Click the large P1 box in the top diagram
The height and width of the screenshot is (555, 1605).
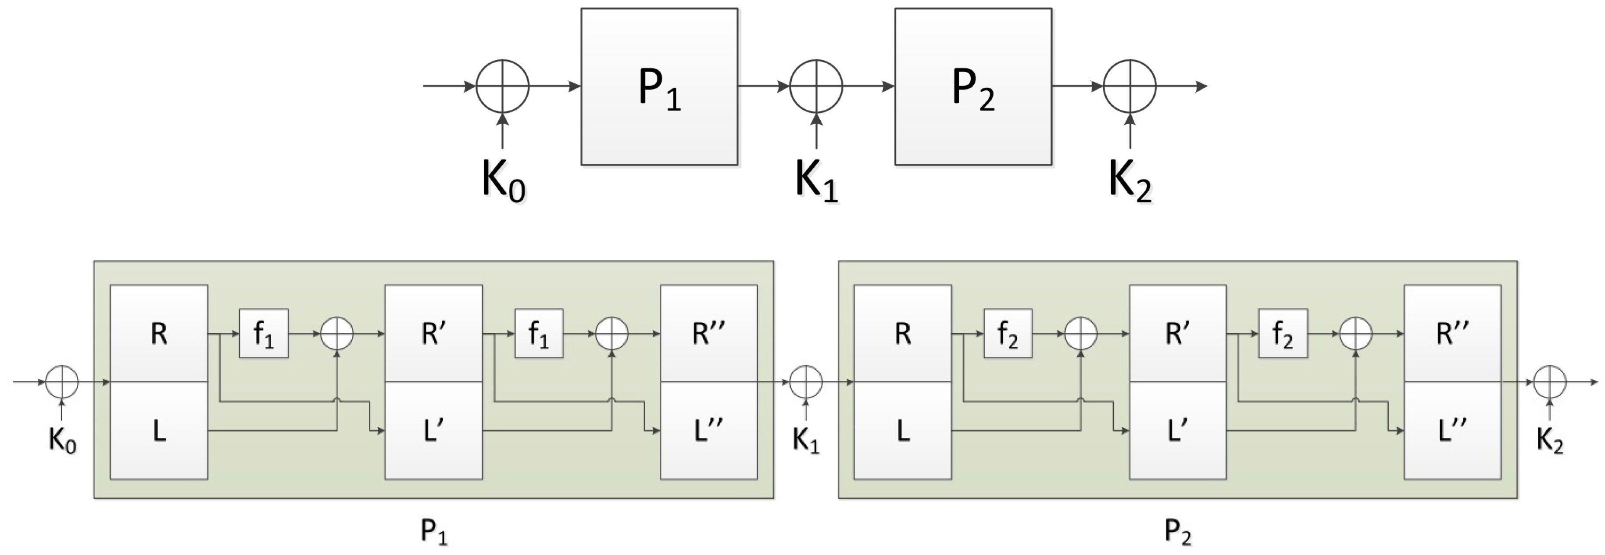click(659, 86)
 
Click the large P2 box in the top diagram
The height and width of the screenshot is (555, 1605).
click(973, 86)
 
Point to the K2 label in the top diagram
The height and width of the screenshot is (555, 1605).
click(1130, 181)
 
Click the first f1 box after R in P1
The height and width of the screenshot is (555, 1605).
click(264, 334)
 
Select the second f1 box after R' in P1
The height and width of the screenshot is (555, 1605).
click(539, 334)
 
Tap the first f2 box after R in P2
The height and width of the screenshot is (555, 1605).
click(1008, 334)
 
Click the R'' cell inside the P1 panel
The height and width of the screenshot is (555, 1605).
click(708, 334)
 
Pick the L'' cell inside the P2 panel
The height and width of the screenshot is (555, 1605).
click(1452, 430)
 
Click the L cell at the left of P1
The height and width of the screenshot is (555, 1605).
click(159, 430)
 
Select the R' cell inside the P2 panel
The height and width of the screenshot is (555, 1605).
click(1177, 334)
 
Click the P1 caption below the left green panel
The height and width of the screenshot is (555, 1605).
click(434, 532)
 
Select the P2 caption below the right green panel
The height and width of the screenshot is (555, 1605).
click(1178, 532)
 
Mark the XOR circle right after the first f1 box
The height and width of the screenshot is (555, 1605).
click(336, 334)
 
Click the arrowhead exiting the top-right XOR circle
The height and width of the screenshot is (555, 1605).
click(1201, 86)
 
